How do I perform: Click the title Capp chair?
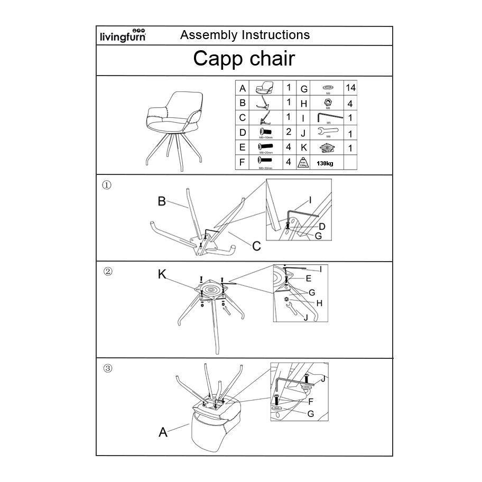[x=244, y=59]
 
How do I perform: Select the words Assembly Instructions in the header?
[x=245, y=35]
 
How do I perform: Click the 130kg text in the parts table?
[x=325, y=163]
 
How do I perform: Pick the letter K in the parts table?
[x=304, y=148]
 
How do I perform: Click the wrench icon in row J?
[x=328, y=132]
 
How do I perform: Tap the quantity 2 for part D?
[x=289, y=132]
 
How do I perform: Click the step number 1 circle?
[x=106, y=185]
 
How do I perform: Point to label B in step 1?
[x=162, y=201]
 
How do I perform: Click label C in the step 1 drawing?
[x=256, y=246]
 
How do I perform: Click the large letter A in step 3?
[x=163, y=432]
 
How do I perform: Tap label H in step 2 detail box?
[x=319, y=303]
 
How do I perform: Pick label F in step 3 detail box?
[x=311, y=402]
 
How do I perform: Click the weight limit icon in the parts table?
[x=303, y=162]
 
